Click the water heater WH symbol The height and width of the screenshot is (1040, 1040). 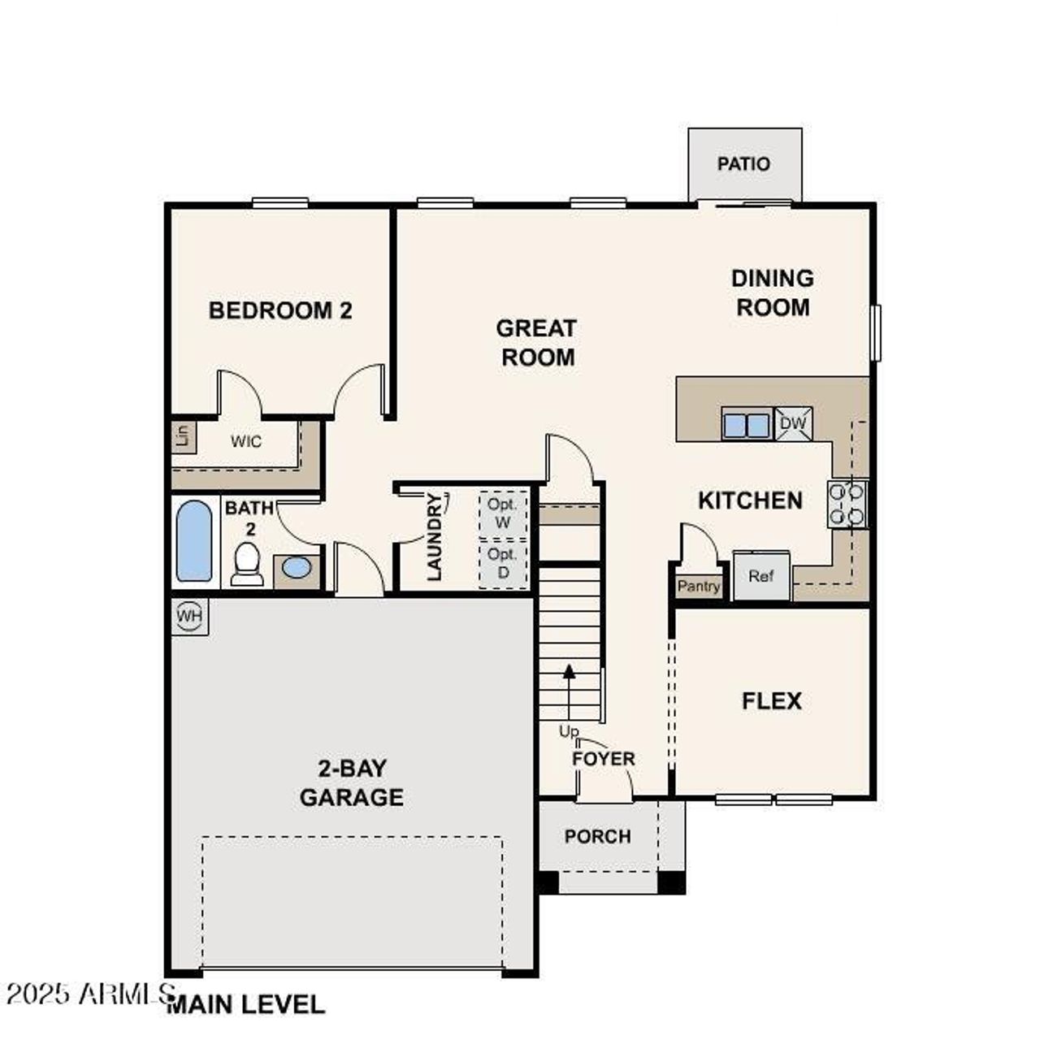190,616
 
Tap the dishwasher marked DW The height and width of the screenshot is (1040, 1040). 793,423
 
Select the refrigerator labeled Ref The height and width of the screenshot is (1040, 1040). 761,577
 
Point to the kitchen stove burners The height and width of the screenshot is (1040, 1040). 847,504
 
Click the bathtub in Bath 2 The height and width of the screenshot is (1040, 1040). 194,541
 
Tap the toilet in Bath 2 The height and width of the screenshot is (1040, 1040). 246,563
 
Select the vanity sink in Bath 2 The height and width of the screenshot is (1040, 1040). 297,568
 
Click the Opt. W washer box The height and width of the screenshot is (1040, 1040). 503,513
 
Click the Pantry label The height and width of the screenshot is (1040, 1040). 699,586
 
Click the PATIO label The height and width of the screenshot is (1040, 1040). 743,164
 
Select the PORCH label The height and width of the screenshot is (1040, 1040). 597,836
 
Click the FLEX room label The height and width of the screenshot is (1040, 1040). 771,701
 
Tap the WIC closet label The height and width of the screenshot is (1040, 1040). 246,442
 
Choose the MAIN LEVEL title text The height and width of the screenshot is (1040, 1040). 246,1004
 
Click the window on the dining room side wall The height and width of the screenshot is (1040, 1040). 875,331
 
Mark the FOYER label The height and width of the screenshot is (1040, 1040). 603,759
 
